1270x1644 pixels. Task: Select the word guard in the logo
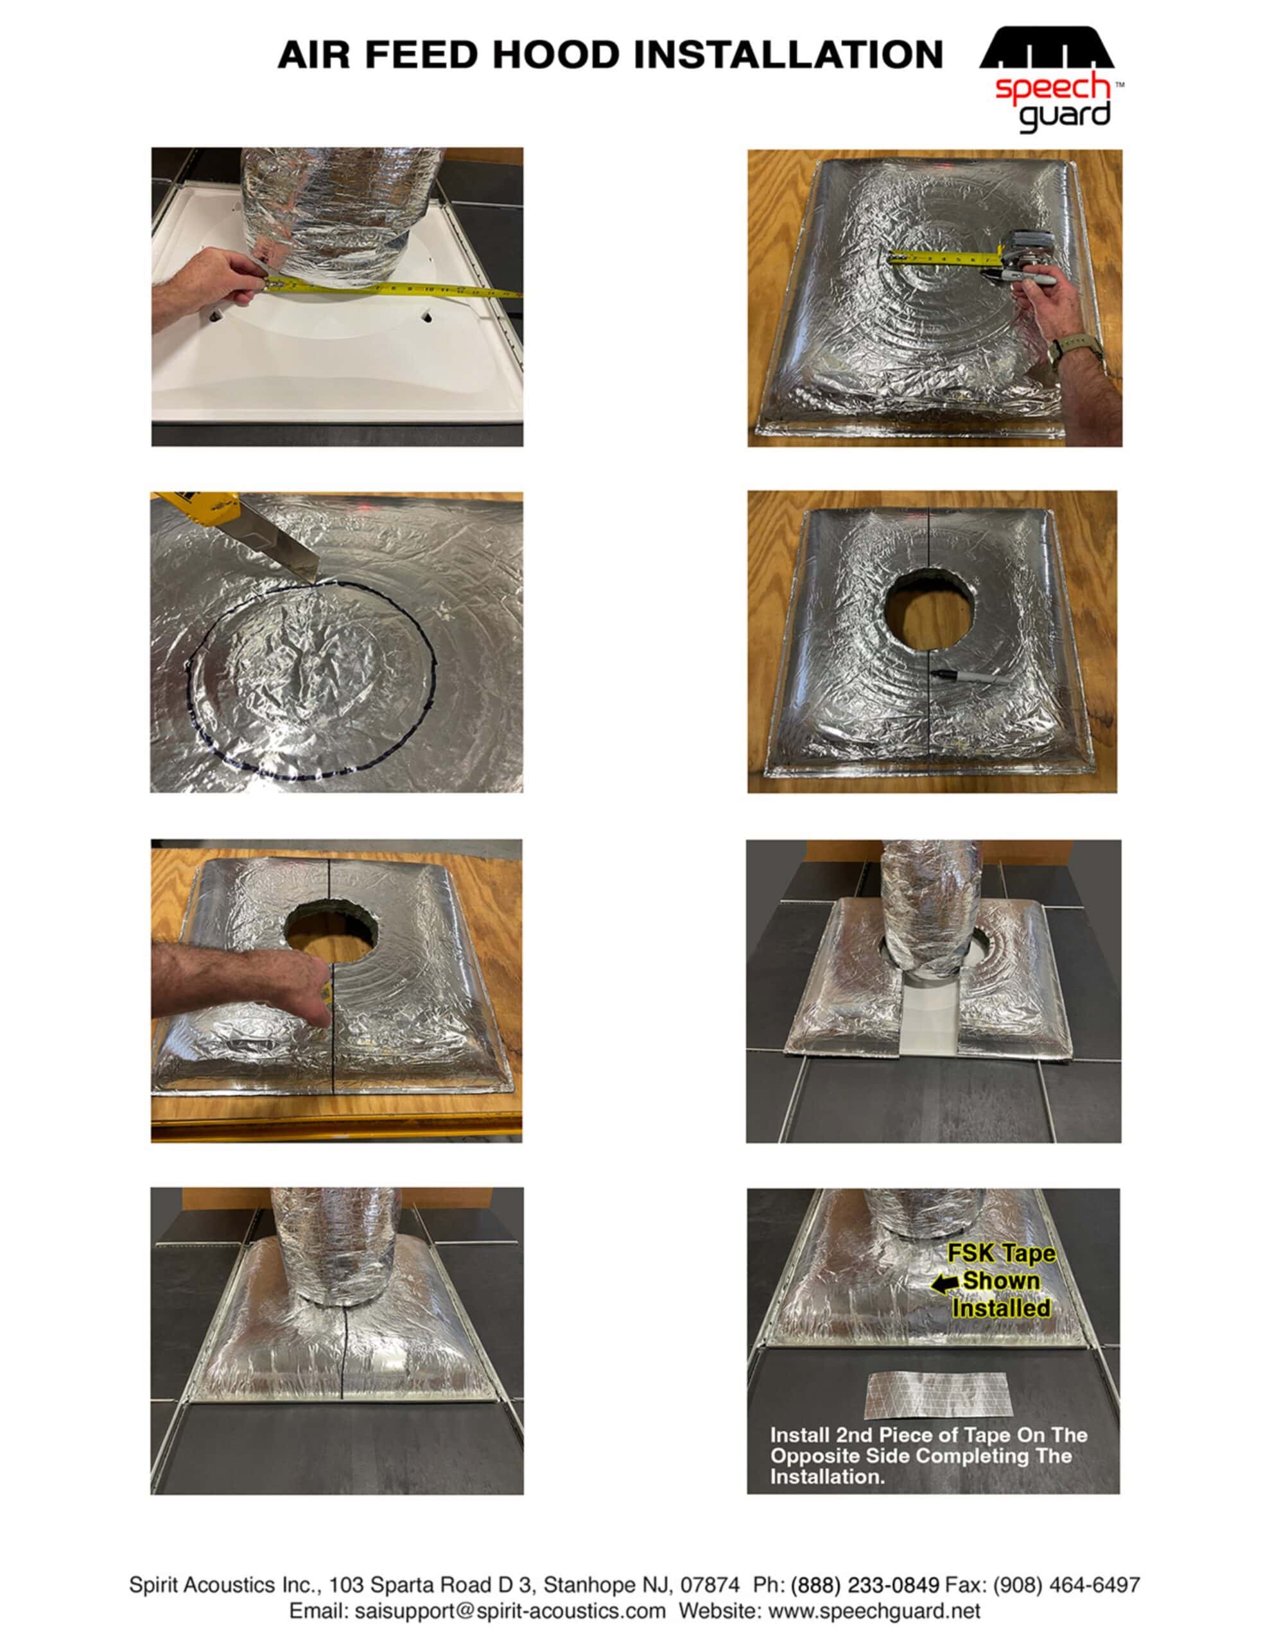[x=1065, y=114]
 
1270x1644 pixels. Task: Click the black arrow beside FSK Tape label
[x=944, y=1284]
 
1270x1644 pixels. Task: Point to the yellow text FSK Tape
[x=1001, y=1254]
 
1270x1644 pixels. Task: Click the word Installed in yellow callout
[x=1000, y=1308]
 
